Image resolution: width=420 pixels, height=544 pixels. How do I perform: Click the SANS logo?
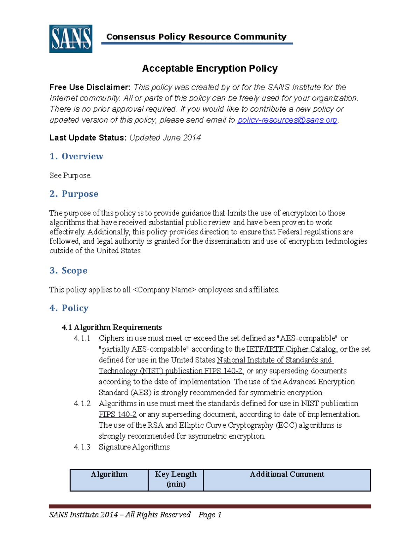[71, 39]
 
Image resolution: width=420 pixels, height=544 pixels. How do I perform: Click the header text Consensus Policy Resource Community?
[196, 37]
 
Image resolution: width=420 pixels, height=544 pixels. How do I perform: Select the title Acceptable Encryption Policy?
[210, 68]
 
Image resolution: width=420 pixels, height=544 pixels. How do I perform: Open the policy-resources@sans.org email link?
[287, 120]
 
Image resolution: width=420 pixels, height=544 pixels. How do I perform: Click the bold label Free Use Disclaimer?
[90, 87]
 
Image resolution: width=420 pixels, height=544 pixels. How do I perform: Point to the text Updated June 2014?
[165, 138]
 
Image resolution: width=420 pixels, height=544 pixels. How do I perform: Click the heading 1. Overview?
[76, 156]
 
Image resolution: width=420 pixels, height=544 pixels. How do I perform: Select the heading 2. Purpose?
[74, 194]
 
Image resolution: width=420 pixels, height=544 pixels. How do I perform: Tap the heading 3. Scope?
[68, 270]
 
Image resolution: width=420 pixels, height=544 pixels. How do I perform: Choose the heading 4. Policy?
[69, 308]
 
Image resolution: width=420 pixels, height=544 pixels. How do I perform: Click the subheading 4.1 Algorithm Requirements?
[112, 327]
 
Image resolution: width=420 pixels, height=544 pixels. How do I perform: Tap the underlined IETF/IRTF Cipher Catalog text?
[291, 349]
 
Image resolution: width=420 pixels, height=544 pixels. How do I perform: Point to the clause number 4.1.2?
[82, 404]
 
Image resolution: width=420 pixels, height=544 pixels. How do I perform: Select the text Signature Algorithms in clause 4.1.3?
[134, 447]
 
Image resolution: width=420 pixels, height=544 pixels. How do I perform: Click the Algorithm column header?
[109, 474]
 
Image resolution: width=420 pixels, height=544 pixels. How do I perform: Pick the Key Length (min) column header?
[176, 479]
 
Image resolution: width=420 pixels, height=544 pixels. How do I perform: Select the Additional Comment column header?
[287, 474]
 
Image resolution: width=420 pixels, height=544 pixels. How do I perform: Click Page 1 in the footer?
[210, 515]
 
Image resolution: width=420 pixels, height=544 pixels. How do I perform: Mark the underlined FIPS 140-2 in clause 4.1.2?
[118, 414]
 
